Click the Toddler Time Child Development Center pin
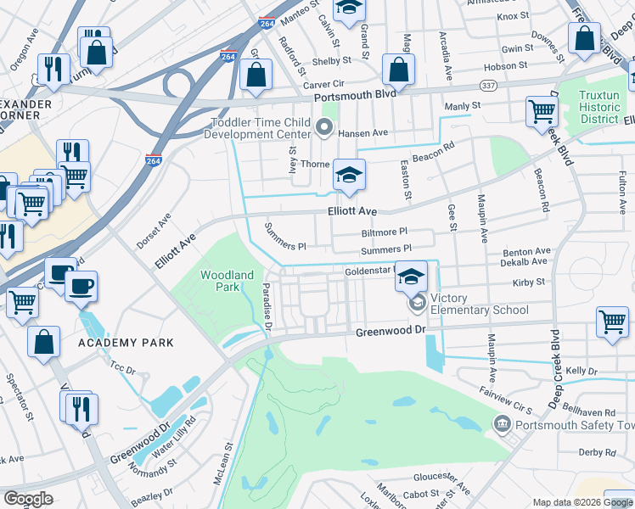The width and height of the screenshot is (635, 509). [x=323, y=127]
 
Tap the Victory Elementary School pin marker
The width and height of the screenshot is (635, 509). [x=417, y=302]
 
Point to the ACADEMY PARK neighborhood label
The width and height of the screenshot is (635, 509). [x=126, y=343]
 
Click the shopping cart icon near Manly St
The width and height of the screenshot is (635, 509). [x=541, y=111]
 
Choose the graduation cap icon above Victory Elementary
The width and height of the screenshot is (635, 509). [x=411, y=277]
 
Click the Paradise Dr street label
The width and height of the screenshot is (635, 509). [x=266, y=307]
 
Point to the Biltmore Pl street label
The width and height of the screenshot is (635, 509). [x=384, y=231]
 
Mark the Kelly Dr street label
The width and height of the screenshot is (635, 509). [x=582, y=371]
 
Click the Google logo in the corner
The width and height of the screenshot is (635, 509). [x=28, y=499]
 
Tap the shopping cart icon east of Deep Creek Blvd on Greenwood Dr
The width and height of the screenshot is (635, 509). [x=611, y=322]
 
